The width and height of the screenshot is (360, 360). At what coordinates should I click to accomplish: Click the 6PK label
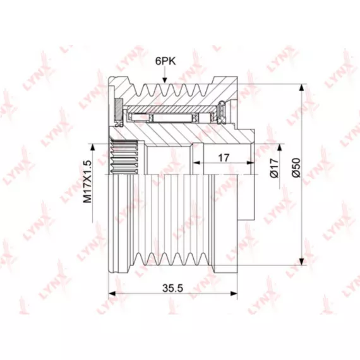click(x=165, y=61)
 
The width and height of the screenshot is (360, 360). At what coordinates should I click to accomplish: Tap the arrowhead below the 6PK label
click(x=164, y=80)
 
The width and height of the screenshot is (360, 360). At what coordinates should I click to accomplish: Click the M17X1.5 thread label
click(x=88, y=182)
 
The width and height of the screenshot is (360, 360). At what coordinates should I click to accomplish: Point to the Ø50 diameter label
click(x=296, y=167)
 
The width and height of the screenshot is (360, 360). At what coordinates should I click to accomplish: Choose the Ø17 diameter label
click(x=274, y=168)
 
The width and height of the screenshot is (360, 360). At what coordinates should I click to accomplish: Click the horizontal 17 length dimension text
click(x=224, y=158)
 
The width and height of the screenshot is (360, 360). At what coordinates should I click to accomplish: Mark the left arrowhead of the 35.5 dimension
click(x=111, y=294)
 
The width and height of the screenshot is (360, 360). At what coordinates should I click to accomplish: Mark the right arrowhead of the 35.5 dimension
click(x=234, y=294)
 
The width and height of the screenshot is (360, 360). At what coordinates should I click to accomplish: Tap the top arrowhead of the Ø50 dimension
click(x=302, y=88)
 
